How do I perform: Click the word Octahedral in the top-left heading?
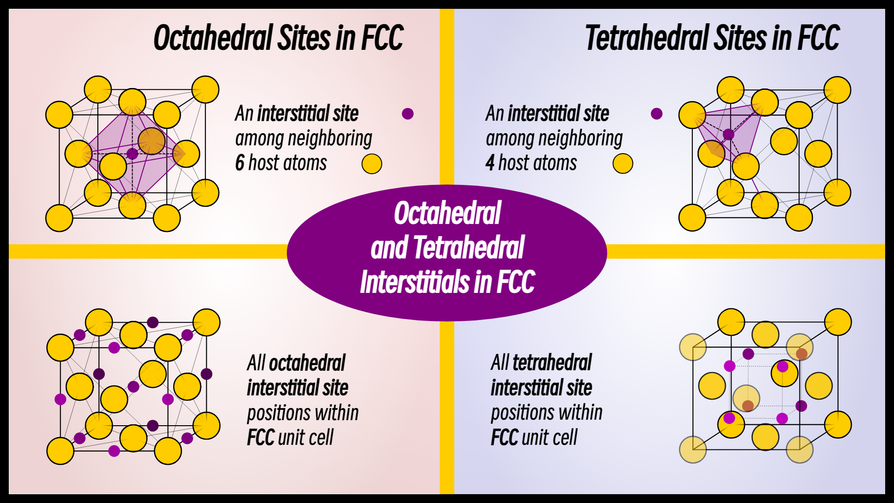[x=213, y=38]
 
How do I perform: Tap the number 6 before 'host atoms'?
[x=239, y=163]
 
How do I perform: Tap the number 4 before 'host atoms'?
[x=489, y=163]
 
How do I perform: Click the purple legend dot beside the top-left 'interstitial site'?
[x=407, y=114]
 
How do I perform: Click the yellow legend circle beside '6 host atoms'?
[x=372, y=163]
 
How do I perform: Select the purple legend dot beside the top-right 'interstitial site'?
[x=657, y=114]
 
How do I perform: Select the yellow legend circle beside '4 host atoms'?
[x=623, y=163]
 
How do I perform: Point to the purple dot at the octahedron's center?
[x=132, y=154]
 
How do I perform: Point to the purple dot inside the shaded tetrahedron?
[x=728, y=135]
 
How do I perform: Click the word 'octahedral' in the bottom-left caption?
[x=307, y=363]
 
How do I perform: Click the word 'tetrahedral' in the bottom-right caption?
[x=552, y=363]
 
